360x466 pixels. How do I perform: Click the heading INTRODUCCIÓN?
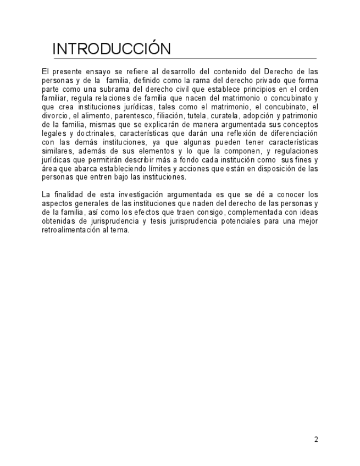click(112, 48)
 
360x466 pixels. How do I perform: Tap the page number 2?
click(316, 439)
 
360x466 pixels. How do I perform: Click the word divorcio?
click(55, 116)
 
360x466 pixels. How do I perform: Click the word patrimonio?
click(300, 116)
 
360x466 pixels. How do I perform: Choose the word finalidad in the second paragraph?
click(67, 195)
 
